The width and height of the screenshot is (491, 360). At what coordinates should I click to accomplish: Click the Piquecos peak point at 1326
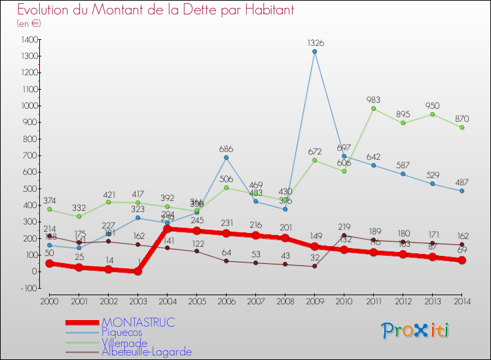click(x=315, y=52)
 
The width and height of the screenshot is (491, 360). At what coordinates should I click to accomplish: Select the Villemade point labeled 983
click(x=374, y=109)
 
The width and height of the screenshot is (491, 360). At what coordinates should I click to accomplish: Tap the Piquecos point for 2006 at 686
click(x=227, y=157)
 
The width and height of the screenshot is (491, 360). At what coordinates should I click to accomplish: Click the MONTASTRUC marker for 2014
click(x=462, y=260)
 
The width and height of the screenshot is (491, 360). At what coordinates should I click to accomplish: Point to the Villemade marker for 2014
click(x=462, y=127)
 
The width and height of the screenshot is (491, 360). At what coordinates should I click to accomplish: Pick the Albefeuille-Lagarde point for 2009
click(x=315, y=266)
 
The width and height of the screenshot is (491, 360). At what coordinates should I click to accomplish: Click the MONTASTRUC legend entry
click(x=139, y=323)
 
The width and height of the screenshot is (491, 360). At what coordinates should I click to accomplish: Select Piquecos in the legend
click(x=122, y=333)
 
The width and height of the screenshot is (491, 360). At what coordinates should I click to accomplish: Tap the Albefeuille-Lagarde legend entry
click(x=147, y=352)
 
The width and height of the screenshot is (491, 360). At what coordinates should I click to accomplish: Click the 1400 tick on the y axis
click(x=29, y=39)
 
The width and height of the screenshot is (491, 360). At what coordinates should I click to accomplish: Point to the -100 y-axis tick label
click(x=29, y=288)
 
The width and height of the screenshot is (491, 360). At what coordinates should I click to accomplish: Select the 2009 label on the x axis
click(x=314, y=301)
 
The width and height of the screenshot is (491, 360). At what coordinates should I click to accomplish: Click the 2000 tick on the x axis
click(x=49, y=301)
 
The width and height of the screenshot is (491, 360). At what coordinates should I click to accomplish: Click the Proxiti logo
click(x=415, y=331)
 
